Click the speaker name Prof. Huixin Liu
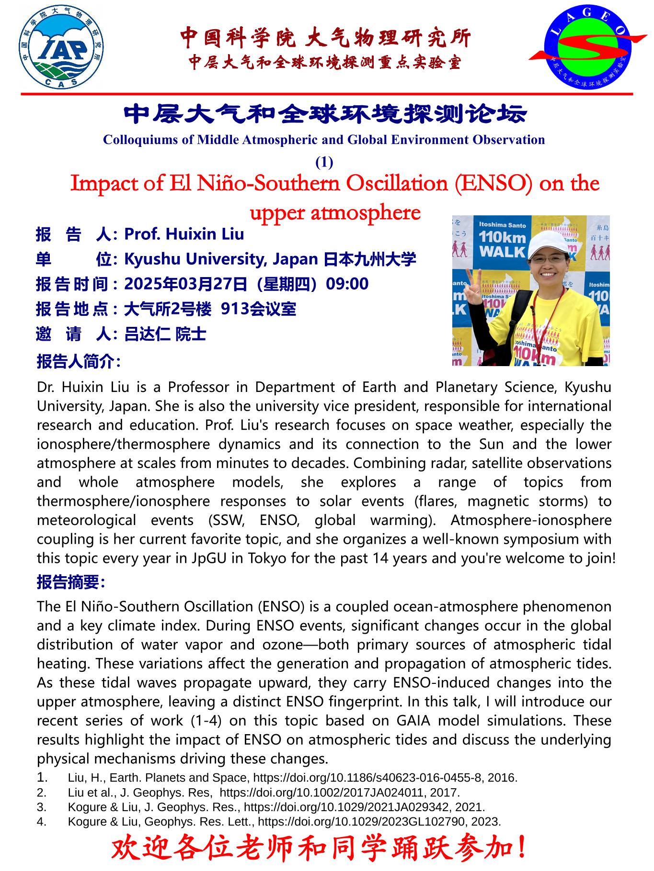pyautogui.click(x=184, y=234)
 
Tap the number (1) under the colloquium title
pyautogui.click(x=324, y=162)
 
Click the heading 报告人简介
pyautogui.click(x=78, y=361)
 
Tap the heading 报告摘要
pyautogui.click(x=70, y=582)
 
